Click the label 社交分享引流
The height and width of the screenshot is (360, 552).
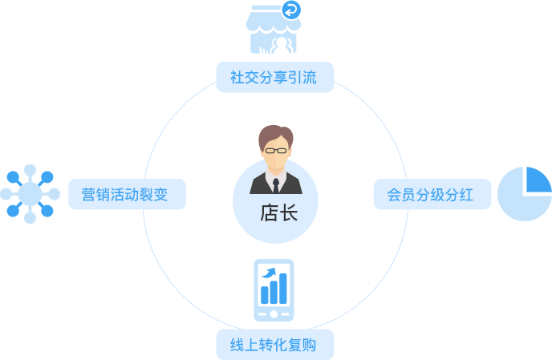[274, 79]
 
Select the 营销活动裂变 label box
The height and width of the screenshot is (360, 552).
[126, 194]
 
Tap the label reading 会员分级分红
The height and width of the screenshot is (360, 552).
[431, 194]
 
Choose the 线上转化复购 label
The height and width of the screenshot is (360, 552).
[274, 346]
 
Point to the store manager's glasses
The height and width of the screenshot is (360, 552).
[275, 149]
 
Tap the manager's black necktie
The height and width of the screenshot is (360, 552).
[275, 185]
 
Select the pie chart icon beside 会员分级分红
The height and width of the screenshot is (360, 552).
[524, 193]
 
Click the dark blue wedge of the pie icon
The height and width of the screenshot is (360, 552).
[538, 180]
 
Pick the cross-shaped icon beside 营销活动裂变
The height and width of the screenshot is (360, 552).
[30, 193]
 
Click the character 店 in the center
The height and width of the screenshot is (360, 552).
[269, 213]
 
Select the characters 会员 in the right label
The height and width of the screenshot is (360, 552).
[401, 194]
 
